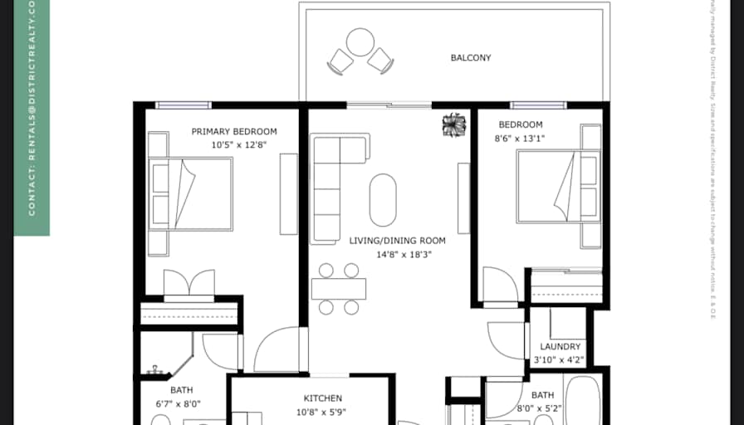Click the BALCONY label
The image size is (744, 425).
(x=470, y=58)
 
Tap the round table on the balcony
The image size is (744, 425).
(x=360, y=42)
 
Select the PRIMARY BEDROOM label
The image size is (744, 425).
(x=234, y=131)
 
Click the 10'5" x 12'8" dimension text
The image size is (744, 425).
(x=234, y=144)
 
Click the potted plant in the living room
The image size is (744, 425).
(x=455, y=125)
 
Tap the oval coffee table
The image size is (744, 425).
(x=383, y=199)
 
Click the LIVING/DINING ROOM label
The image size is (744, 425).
(x=397, y=241)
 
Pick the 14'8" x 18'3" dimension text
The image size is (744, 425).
(x=397, y=255)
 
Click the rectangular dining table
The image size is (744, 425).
(x=339, y=289)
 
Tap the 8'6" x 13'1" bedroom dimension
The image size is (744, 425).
(x=520, y=139)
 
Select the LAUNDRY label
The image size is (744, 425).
(x=560, y=347)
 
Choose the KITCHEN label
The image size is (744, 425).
(x=322, y=398)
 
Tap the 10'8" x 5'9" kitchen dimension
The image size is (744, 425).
(x=322, y=412)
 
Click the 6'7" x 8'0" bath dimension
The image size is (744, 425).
(x=179, y=404)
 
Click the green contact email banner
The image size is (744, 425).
(x=32, y=116)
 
